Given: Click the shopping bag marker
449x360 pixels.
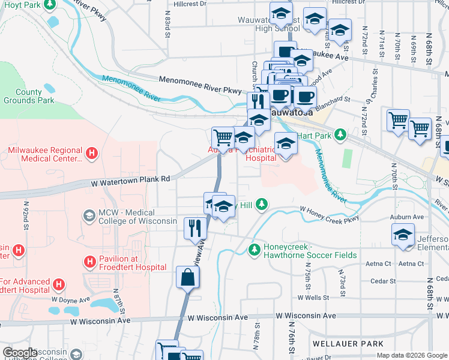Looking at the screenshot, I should pos(187,278).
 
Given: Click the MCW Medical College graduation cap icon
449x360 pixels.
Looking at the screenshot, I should pos(89,215).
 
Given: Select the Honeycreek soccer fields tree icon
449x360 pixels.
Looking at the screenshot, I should pos(255,248).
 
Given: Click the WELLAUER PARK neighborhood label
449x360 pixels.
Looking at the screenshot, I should pos(348,344).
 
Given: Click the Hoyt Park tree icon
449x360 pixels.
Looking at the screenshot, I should pos(50,4).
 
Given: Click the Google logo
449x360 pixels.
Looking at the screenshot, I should pos(20,353).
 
